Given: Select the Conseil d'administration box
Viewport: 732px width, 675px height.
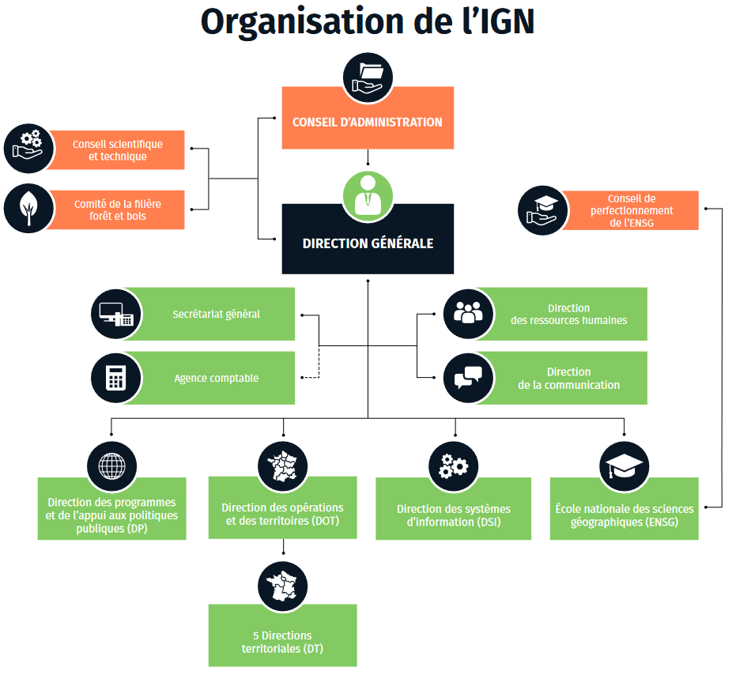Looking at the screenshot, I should point(368,122).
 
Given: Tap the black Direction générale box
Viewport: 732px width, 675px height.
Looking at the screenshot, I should point(368,243).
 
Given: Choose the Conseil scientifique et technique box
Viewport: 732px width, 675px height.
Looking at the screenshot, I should point(117,150).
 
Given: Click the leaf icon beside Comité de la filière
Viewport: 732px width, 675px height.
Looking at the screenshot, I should point(28,209).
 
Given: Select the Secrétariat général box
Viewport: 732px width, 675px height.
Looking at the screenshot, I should point(215,314).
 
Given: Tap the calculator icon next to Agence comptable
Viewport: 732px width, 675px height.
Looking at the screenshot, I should point(116,378).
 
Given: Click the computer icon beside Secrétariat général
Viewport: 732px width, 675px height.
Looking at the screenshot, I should point(116,314).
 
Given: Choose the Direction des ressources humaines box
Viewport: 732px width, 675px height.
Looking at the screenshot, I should point(568,314).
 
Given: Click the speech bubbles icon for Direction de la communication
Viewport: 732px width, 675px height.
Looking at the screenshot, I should point(468,378).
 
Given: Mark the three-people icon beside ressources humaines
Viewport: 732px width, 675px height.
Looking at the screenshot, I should point(468,313).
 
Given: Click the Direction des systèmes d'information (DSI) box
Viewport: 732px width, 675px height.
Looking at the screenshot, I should point(453,515).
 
